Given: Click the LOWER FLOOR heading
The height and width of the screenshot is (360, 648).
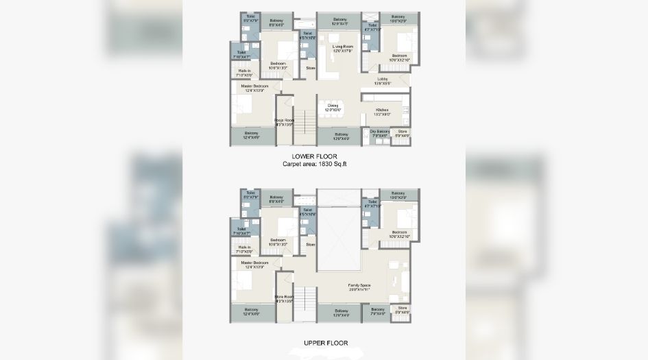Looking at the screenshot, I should [324, 156].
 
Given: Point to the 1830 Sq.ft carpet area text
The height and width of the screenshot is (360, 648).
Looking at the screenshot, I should [324, 165].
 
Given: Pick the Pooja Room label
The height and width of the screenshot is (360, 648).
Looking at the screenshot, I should [284, 122].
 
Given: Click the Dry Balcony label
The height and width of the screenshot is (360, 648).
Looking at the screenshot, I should [380, 132].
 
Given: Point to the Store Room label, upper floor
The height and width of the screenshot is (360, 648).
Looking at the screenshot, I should [284, 298].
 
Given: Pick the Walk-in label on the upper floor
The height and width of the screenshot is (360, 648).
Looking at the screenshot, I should [243, 248].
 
